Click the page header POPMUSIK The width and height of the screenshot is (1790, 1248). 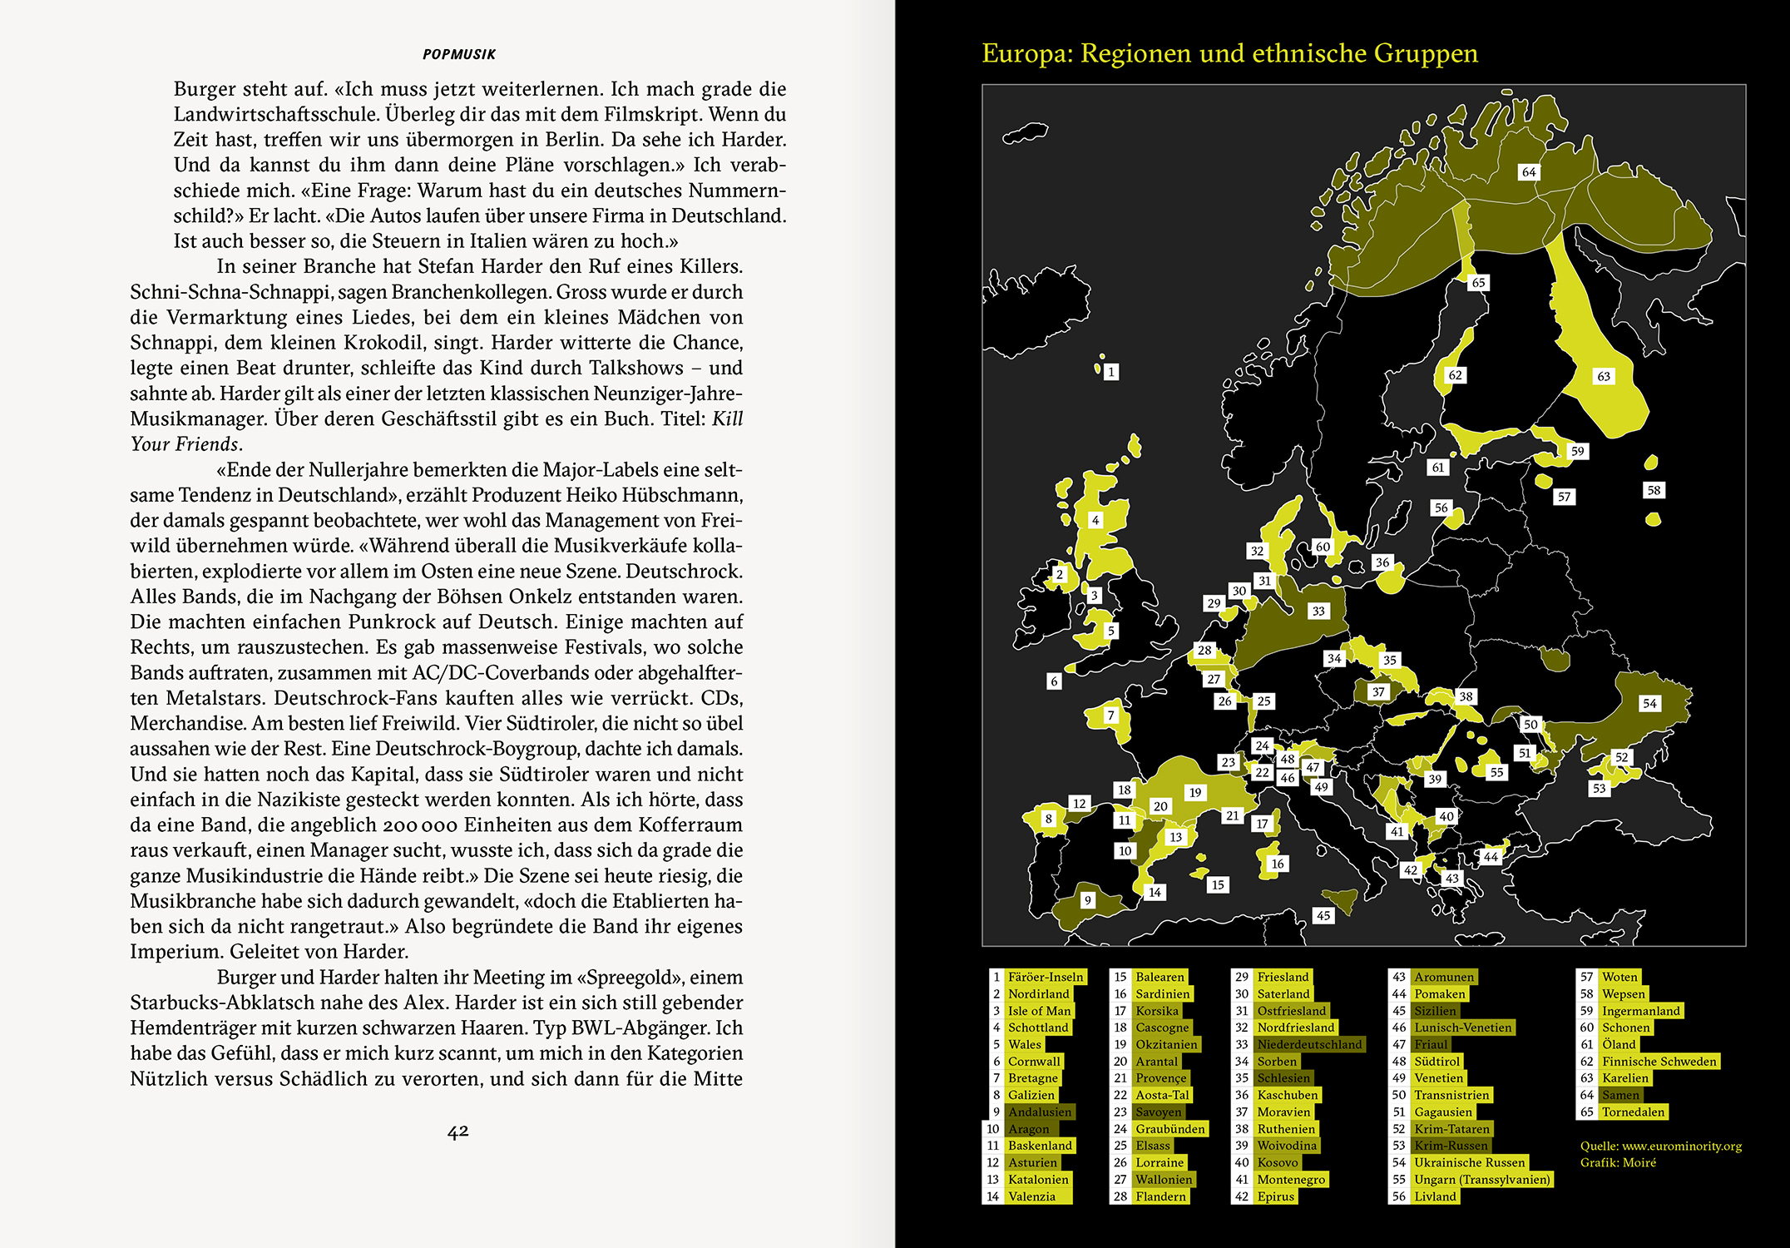[458, 55]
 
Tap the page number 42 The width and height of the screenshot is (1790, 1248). [458, 1132]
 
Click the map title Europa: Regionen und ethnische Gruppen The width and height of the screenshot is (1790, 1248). [1229, 54]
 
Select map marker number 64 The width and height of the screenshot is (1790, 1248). [1529, 172]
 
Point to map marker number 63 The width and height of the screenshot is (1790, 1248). [1604, 376]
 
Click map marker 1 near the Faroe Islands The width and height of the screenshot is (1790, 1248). [1111, 372]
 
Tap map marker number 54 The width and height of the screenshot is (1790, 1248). [1649, 703]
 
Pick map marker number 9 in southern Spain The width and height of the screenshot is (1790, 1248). [1087, 900]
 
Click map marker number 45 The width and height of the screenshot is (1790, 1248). [1323, 915]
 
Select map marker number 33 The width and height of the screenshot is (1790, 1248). [1318, 611]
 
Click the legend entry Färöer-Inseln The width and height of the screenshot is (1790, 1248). [1046, 977]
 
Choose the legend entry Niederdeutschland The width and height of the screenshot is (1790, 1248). [1309, 1044]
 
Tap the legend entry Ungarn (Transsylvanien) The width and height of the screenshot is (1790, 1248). [1481, 1179]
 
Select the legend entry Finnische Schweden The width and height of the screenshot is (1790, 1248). [1659, 1061]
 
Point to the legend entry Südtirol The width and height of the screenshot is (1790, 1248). [1437, 1061]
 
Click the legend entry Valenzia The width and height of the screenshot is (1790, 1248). [1031, 1196]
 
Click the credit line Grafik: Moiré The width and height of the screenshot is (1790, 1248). [1618, 1162]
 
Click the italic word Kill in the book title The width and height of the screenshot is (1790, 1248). [728, 418]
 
